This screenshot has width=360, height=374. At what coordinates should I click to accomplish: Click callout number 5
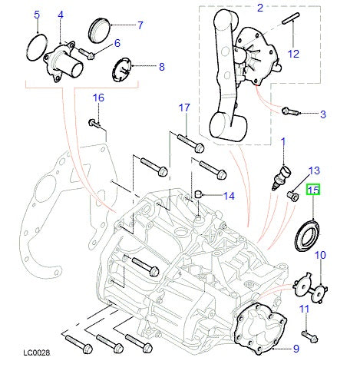click(x=35, y=15)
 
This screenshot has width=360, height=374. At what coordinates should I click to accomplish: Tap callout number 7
click(x=140, y=25)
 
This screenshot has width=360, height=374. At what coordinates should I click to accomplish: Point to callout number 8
click(x=161, y=67)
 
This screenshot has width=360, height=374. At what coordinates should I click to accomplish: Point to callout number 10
click(x=320, y=254)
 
